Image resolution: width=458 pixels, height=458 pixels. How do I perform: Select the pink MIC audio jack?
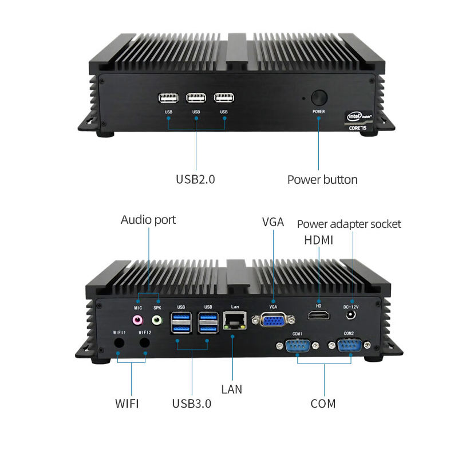[x=137, y=319]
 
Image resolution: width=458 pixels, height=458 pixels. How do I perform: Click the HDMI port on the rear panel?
[x=318, y=315]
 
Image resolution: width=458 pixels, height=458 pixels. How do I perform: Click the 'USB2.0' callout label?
[x=195, y=179]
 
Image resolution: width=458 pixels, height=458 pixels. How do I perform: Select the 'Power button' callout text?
[x=322, y=180]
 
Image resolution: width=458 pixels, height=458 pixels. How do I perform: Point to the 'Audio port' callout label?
[x=148, y=220]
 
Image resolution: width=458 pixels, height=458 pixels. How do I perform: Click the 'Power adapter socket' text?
[x=349, y=224]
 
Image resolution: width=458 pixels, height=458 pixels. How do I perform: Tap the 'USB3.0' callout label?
[x=192, y=404]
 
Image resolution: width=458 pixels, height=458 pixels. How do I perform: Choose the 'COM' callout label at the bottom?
[x=323, y=404]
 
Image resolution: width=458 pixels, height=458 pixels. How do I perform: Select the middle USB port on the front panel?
[x=196, y=98]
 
